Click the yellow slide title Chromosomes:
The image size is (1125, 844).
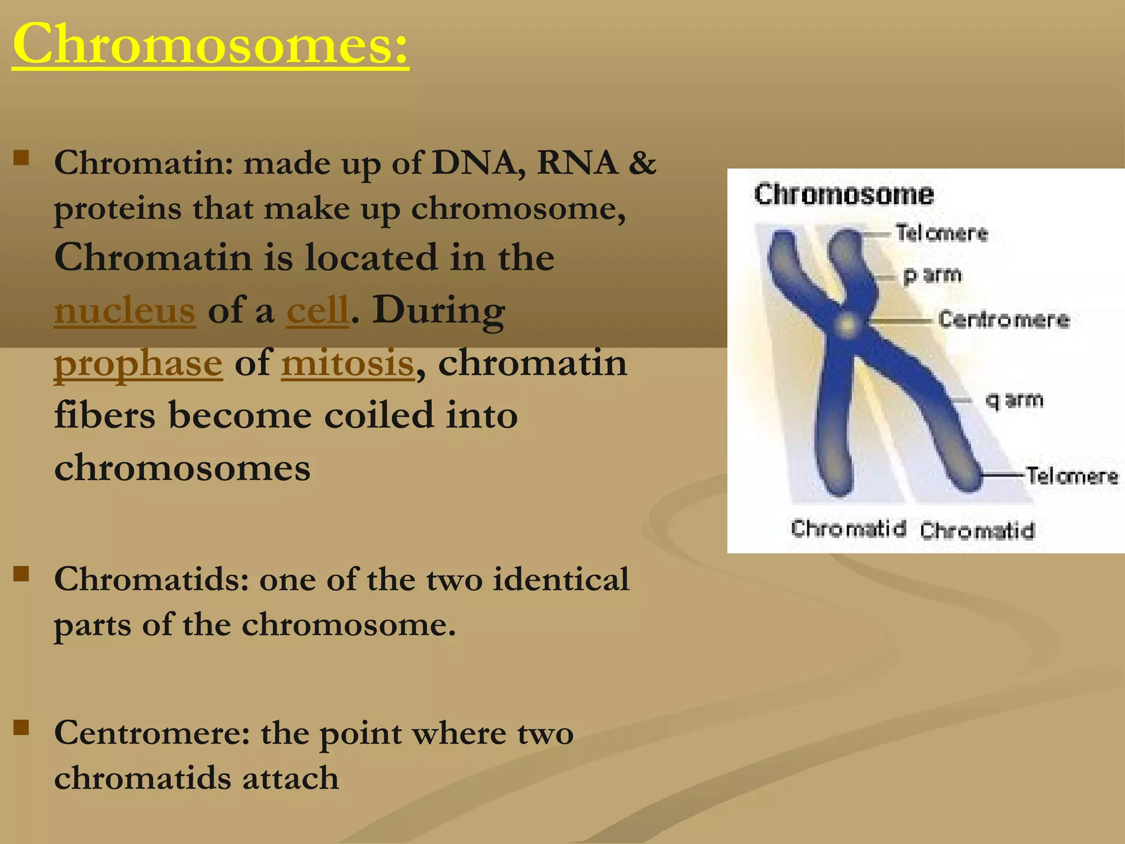pyautogui.click(x=210, y=44)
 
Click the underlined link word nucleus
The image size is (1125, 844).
pyautogui.click(x=125, y=310)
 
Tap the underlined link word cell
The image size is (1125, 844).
pyautogui.click(x=318, y=310)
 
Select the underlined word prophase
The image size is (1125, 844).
pyautogui.click(x=138, y=364)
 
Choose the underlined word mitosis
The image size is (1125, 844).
pyautogui.click(x=347, y=364)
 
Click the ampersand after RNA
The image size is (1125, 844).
pyautogui.click(x=642, y=163)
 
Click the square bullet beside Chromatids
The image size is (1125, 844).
pyautogui.click(x=21, y=574)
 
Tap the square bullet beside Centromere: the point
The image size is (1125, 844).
pyautogui.click(x=21, y=728)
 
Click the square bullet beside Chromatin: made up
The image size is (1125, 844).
pyautogui.click(x=21, y=158)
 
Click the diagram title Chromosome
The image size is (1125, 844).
pyautogui.click(x=843, y=195)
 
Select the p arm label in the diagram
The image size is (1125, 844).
pyautogui.click(x=933, y=275)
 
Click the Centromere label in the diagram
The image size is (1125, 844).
pyautogui.click(x=1004, y=319)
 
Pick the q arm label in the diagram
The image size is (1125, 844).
pyautogui.click(x=1014, y=400)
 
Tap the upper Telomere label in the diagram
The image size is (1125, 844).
pyautogui.click(x=942, y=234)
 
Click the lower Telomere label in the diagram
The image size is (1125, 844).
pyautogui.click(x=1072, y=476)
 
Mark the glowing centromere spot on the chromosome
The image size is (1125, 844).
pyautogui.click(x=846, y=324)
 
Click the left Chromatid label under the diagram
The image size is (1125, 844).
pyautogui.click(x=848, y=529)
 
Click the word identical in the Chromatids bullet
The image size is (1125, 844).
pyautogui.click(x=561, y=579)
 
